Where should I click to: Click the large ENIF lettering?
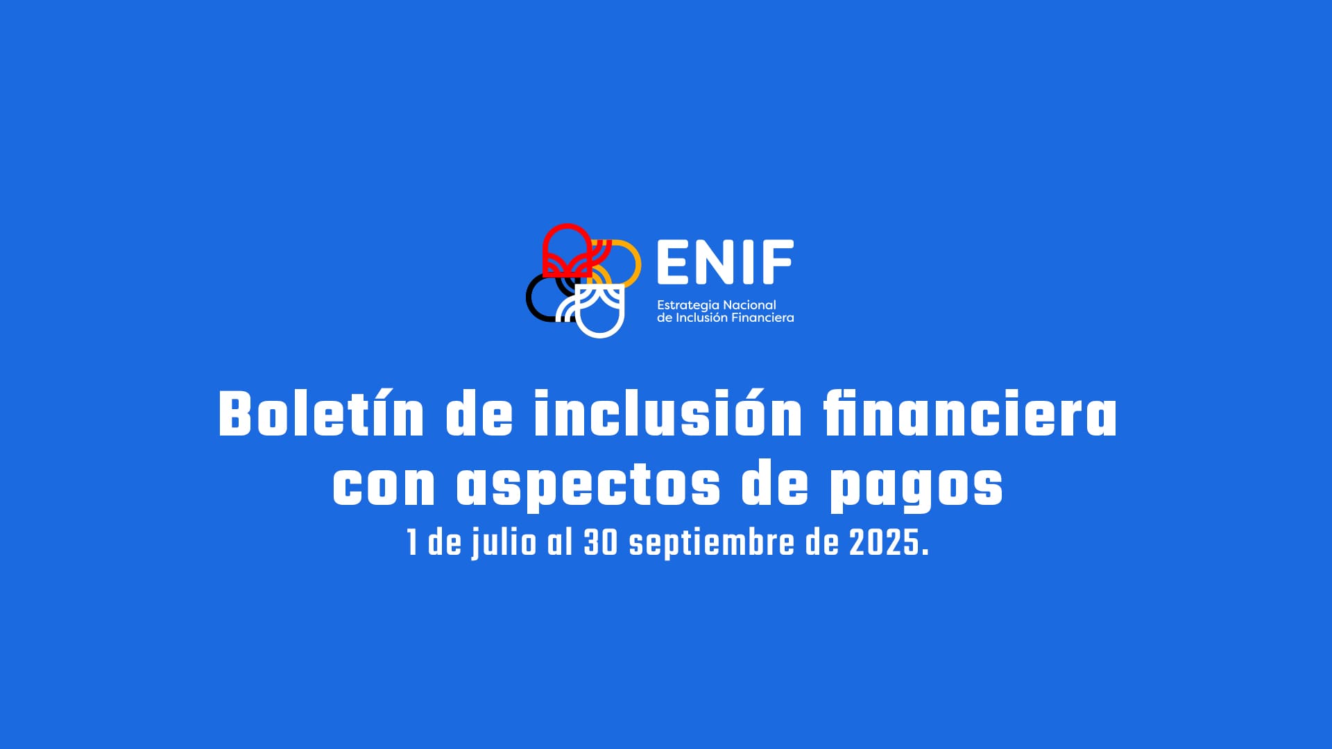[725, 262]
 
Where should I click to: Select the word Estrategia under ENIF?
[688, 306]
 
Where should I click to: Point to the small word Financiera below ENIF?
[762, 318]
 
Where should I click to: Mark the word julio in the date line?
[504, 543]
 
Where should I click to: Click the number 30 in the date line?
[601, 543]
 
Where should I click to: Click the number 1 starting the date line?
[412, 543]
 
